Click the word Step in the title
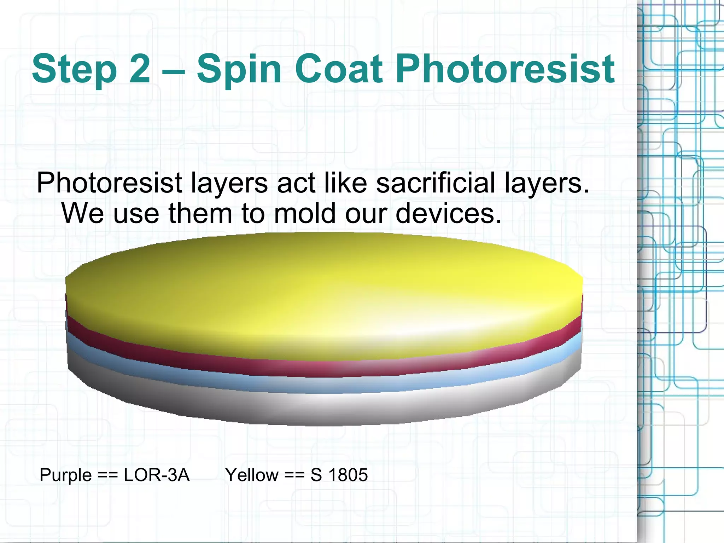pyautogui.click(x=74, y=69)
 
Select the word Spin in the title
pyautogui.click(x=239, y=69)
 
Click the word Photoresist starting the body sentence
pyautogui.click(x=110, y=183)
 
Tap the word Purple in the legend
pyautogui.click(x=66, y=475)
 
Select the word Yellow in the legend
pyautogui.click(x=252, y=475)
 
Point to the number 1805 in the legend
pyautogui.click(x=348, y=475)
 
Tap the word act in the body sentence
pyautogui.click(x=296, y=183)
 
